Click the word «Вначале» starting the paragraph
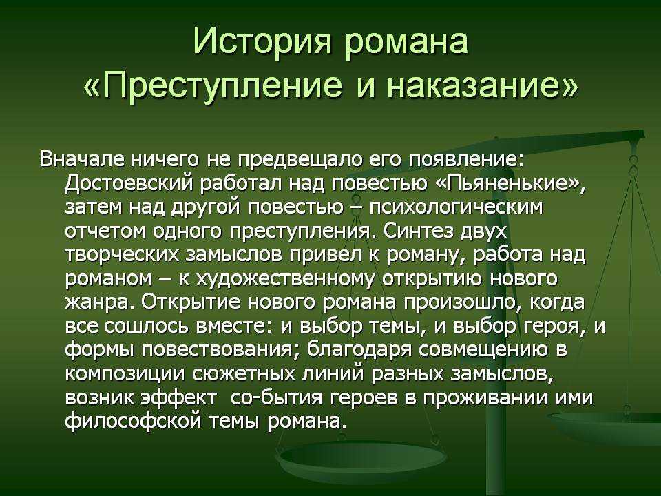(x=81, y=160)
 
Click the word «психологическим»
(x=457, y=207)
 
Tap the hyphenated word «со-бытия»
(x=277, y=397)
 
